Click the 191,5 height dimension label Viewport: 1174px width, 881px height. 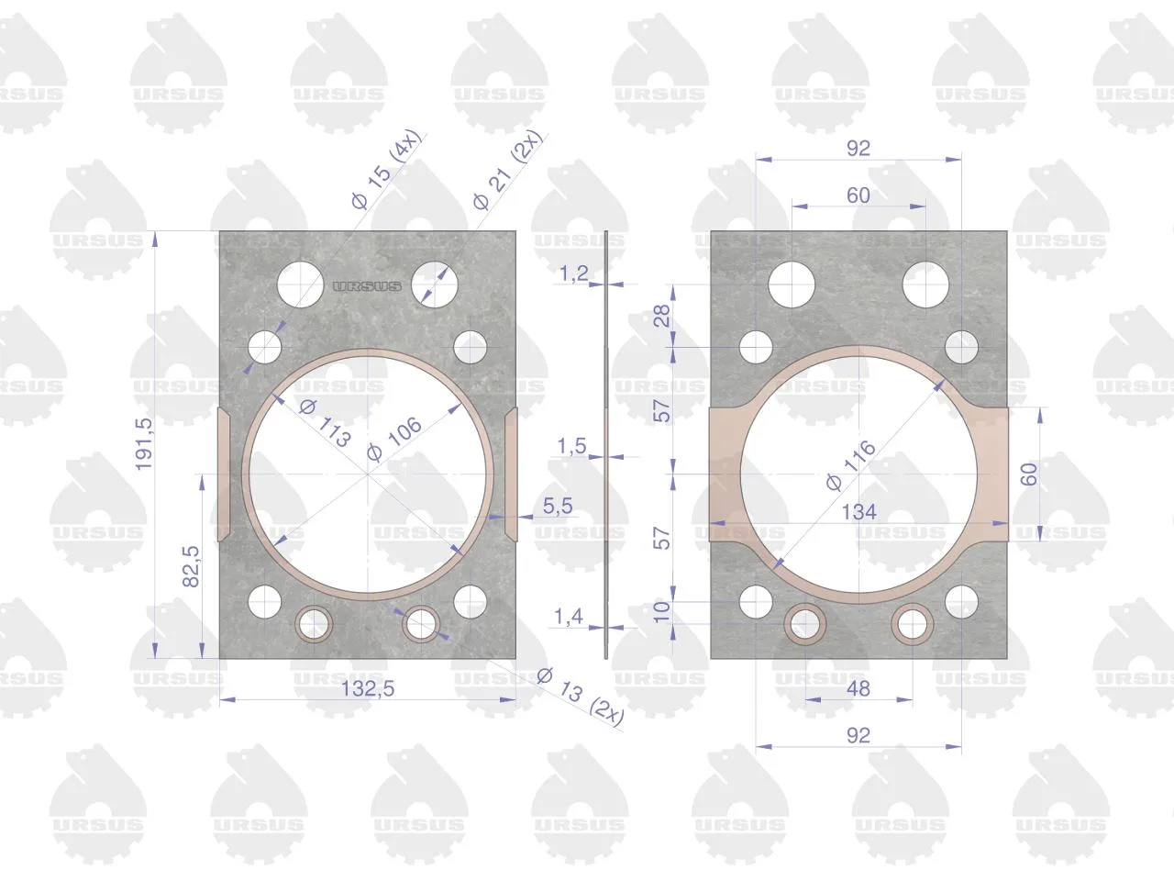[143, 444]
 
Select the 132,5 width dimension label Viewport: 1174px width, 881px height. [368, 688]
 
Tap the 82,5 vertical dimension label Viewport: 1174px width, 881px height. [191, 566]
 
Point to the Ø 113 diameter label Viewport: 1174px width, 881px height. [325, 422]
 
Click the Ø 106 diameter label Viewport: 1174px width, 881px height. [394, 440]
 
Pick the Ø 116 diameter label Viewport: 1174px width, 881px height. [850, 465]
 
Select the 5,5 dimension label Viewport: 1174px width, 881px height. [558, 506]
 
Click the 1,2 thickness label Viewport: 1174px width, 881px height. [573, 273]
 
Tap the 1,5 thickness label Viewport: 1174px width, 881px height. [571, 446]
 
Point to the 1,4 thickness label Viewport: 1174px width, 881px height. [568, 617]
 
